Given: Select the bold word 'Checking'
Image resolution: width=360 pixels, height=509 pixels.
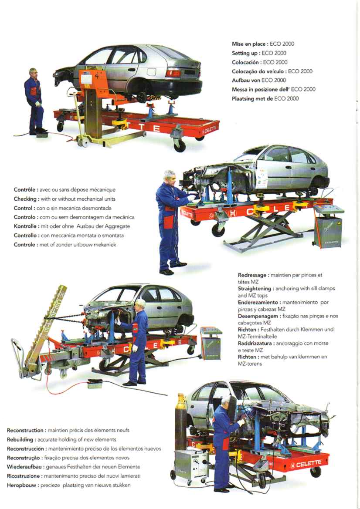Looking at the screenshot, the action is coord(25,199).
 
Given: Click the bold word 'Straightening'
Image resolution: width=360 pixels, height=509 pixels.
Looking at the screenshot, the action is coord(255,288).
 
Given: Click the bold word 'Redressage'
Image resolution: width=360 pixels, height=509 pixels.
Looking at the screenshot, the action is coord(252,275).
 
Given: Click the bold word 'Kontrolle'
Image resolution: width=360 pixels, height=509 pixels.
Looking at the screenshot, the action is coord(25,226).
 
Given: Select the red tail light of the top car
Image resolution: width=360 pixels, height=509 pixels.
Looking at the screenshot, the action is coord(173,73).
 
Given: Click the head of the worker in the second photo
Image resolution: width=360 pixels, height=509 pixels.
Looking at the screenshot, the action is coord(170,178).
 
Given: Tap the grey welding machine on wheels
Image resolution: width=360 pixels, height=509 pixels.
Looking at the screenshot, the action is coord(191,467).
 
